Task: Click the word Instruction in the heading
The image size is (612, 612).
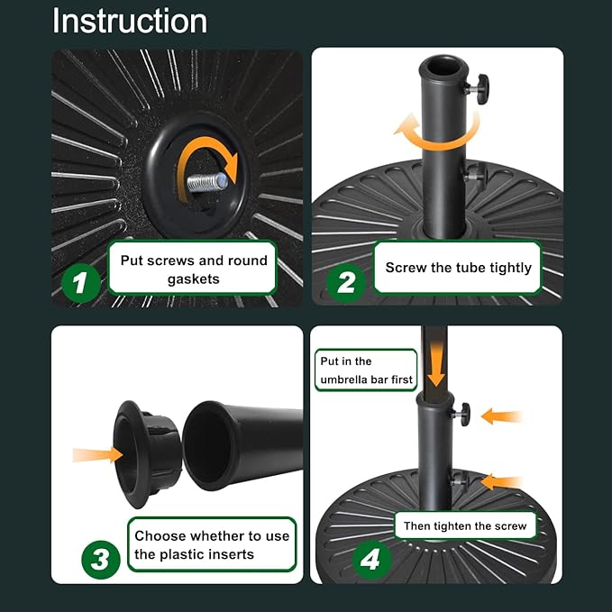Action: click(130, 21)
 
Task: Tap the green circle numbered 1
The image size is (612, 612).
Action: click(81, 283)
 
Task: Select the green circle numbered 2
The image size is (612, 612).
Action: click(346, 283)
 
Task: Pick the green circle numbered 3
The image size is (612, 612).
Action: click(101, 560)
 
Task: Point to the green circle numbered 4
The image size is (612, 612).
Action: click(371, 560)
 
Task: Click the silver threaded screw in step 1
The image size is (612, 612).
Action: click(207, 182)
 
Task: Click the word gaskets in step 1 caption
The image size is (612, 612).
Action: click(193, 279)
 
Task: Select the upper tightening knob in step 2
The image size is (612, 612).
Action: click(478, 89)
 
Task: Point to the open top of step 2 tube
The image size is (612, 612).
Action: click(443, 67)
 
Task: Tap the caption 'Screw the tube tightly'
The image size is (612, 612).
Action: click(458, 268)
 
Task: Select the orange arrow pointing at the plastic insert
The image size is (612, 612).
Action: click(98, 455)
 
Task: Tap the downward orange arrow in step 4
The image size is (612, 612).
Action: click(435, 363)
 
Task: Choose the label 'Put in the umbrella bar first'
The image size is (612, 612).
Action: click(366, 370)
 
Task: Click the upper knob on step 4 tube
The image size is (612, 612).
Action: click(462, 414)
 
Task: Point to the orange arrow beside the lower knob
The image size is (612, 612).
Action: click(502, 482)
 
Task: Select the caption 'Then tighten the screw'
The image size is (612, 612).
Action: click(465, 525)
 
